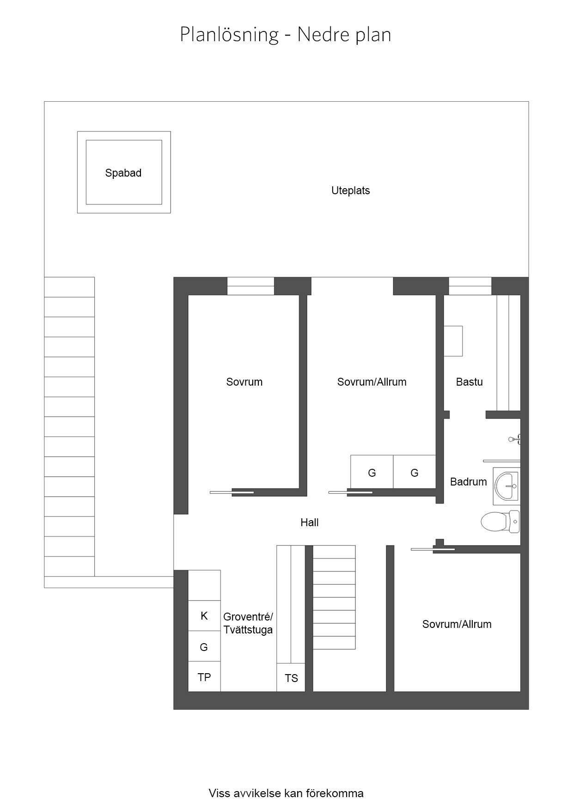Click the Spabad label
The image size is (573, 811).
pyautogui.click(x=123, y=173)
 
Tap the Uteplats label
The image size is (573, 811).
pyautogui.click(x=350, y=190)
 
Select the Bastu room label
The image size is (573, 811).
pyautogui.click(x=469, y=382)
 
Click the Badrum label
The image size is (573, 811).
pyautogui.click(x=468, y=482)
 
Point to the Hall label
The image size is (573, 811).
pyautogui.click(x=309, y=522)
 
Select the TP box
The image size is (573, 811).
pyautogui.click(x=204, y=676)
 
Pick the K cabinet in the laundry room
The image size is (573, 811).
pyautogui.click(x=204, y=615)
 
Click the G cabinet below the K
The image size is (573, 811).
pyautogui.click(x=204, y=646)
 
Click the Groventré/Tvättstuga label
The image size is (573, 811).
pyautogui.click(x=248, y=623)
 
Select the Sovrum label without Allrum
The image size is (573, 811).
pyautogui.click(x=244, y=382)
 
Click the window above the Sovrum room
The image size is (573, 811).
pyautogui.click(x=250, y=286)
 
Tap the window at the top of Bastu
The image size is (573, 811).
pyautogui.click(x=470, y=286)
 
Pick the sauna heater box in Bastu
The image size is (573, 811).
pyautogui.click(x=453, y=341)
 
